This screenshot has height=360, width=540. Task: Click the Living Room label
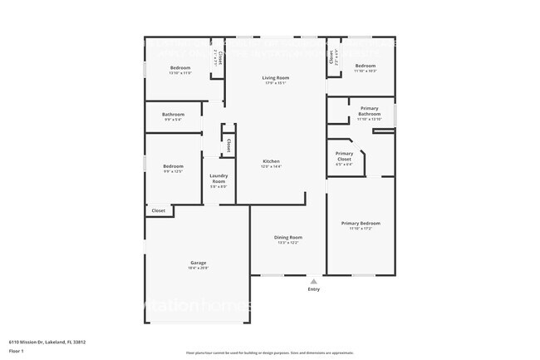[277, 77]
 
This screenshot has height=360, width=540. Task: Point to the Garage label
[198, 263]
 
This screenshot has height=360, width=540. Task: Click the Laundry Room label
[218, 178]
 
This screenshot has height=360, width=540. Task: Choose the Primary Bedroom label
[361, 223]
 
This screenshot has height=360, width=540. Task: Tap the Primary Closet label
[344, 155]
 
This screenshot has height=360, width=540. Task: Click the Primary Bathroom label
[369, 111]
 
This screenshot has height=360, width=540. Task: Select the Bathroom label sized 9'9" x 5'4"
[173, 115]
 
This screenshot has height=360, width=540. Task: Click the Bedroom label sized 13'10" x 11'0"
[180, 67]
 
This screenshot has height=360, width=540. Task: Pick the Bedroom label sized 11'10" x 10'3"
[366, 66]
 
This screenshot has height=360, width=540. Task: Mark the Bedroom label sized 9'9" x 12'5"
[173, 166]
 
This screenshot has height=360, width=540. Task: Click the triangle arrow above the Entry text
[313, 282]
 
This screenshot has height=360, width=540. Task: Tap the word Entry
[313, 289]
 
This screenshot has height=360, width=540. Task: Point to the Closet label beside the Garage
[158, 210]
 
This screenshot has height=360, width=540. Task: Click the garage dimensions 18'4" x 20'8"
[198, 268]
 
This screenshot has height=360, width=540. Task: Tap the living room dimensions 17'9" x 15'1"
[277, 83]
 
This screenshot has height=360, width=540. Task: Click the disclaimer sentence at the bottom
[270, 353]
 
